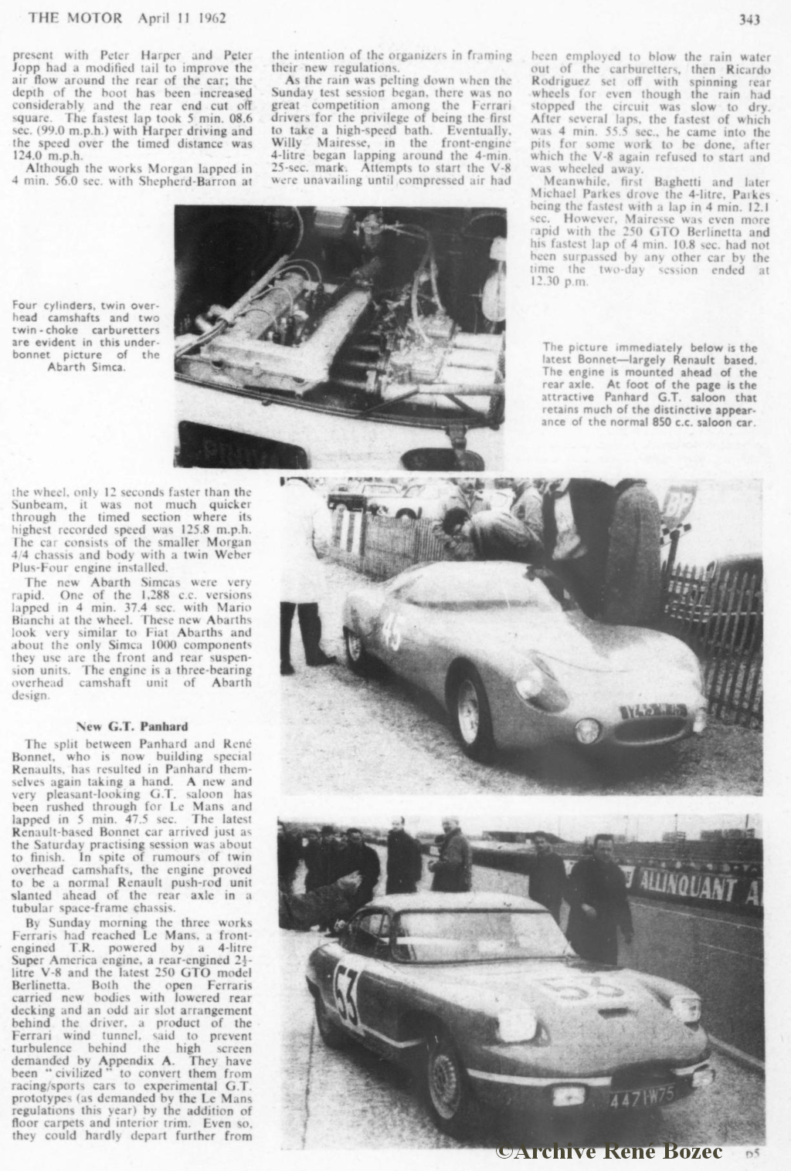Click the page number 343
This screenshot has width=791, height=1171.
[750, 19]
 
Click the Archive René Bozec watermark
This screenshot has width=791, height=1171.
[609, 1152]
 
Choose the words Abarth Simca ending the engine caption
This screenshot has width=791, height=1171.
[87, 367]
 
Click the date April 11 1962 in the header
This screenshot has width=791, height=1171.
[181, 19]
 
